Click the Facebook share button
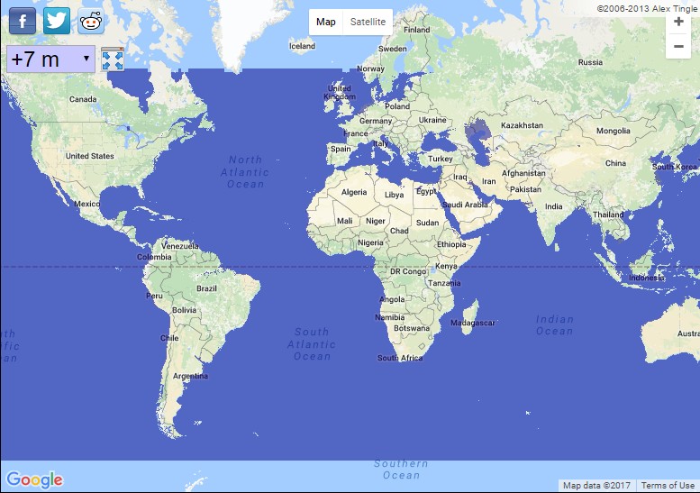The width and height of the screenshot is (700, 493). pos(22,21)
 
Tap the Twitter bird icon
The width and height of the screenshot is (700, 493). pos(57,21)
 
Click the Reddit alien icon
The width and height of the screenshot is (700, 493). pos(91,21)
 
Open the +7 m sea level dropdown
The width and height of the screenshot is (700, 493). pos(50,59)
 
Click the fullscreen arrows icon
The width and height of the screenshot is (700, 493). pos(113,59)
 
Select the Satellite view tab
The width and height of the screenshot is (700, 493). pos(368,22)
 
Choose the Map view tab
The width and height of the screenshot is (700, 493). pos(325,22)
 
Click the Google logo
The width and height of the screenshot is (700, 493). pos(34,479)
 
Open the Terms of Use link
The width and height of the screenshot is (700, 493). pos(668,486)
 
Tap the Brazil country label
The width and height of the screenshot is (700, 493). pos(206,288)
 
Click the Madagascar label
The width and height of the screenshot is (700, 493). pos(473,323)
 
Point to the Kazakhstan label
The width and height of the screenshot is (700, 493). pos(522,125)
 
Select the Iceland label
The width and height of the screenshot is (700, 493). pos(302,46)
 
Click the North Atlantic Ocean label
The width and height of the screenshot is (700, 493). pos(245,172)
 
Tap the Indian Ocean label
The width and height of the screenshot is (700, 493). pos(554,324)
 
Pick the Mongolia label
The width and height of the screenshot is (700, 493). pos(614,131)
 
